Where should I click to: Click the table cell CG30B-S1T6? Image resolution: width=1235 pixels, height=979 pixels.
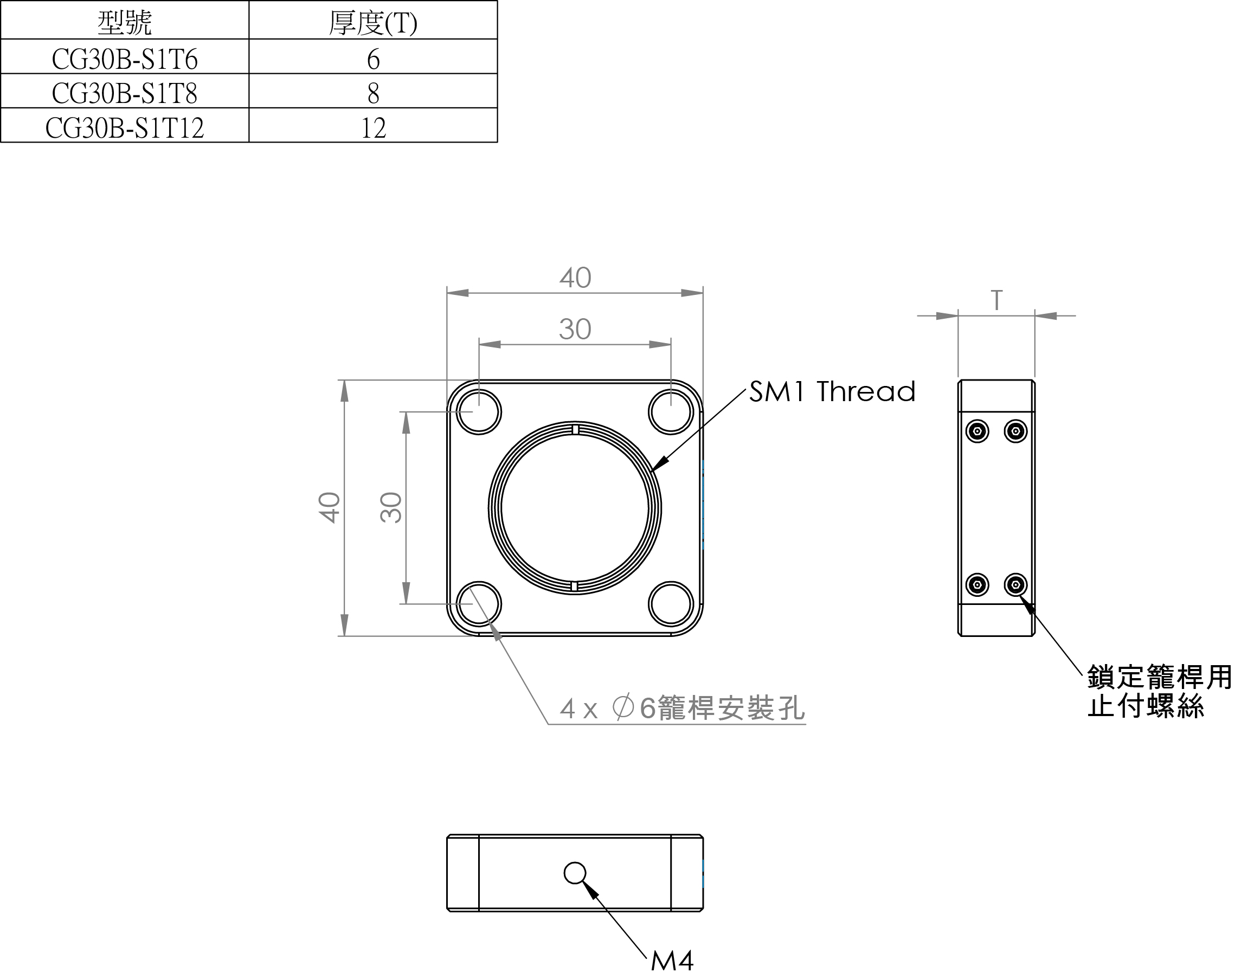tap(124, 59)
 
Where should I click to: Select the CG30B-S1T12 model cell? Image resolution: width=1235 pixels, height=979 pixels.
tap(124, 127)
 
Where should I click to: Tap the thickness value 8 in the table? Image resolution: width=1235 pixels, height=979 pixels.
tap(373, 93)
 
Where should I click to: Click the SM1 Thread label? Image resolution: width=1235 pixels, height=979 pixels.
tap(832, 392)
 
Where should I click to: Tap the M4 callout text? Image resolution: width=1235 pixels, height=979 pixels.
tap(672, 961)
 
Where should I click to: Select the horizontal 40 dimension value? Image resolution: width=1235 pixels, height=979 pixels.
tap(575, 278)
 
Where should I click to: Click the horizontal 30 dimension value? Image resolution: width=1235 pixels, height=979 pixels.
tap(575, 330)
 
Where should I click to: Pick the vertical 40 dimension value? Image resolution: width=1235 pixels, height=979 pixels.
tap(330, 507)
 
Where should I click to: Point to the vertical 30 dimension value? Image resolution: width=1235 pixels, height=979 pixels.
tap(391, 507)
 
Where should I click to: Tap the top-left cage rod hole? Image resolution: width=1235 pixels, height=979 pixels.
tap(479, 412)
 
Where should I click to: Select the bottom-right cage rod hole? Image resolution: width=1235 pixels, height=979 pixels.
tap(671, 604)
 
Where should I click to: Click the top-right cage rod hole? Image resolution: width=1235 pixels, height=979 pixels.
tap(671, 412)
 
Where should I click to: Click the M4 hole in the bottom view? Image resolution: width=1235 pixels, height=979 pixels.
tap(575, 873)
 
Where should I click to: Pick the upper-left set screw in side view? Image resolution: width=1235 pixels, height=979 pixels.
tap(977, 431)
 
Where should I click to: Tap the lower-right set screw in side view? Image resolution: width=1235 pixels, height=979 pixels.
tap(1015, 585)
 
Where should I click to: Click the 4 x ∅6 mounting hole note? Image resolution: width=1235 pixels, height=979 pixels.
tap(681, 709)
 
